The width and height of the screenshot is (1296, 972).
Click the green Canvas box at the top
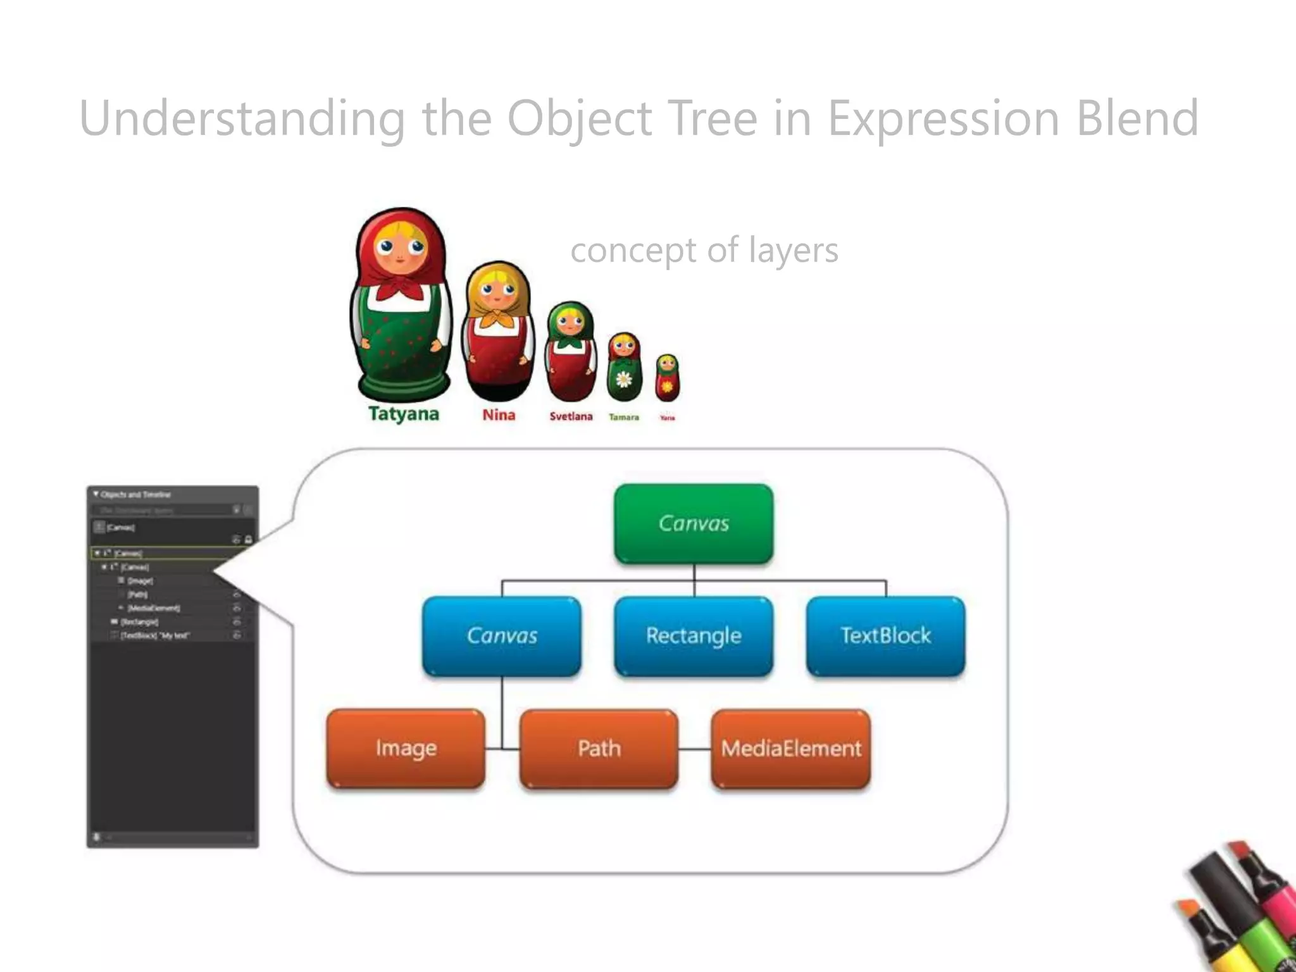click(694, 523)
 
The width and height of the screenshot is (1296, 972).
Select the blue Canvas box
click(502, 635)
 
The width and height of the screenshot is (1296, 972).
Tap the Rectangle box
click(694, 635)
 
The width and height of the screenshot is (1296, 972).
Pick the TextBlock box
click(885, 635)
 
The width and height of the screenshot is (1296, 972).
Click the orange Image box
click(406, 749)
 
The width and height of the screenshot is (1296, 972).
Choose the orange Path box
click(599, 749)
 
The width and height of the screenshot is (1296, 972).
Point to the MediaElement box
click(791, 749)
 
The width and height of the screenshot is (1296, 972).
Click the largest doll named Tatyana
click(401, 304)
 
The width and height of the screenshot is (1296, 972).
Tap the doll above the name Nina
click(498, 329)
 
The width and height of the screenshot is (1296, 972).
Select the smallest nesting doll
click(667, 377)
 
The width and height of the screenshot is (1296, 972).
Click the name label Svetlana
click(571, 416)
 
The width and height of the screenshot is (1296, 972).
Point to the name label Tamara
click(624, 417)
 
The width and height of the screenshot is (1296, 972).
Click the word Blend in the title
click(1137, 118)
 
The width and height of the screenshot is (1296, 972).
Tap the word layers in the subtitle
click(793, 250)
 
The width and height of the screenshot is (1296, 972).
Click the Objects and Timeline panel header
click(135, 494)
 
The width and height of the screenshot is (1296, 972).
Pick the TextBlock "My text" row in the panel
click(155, 635)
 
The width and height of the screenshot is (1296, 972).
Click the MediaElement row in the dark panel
click(154, 608)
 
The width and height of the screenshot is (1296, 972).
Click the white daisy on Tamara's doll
click(624, 379)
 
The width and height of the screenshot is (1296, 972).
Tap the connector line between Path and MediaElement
click(695, 749)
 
